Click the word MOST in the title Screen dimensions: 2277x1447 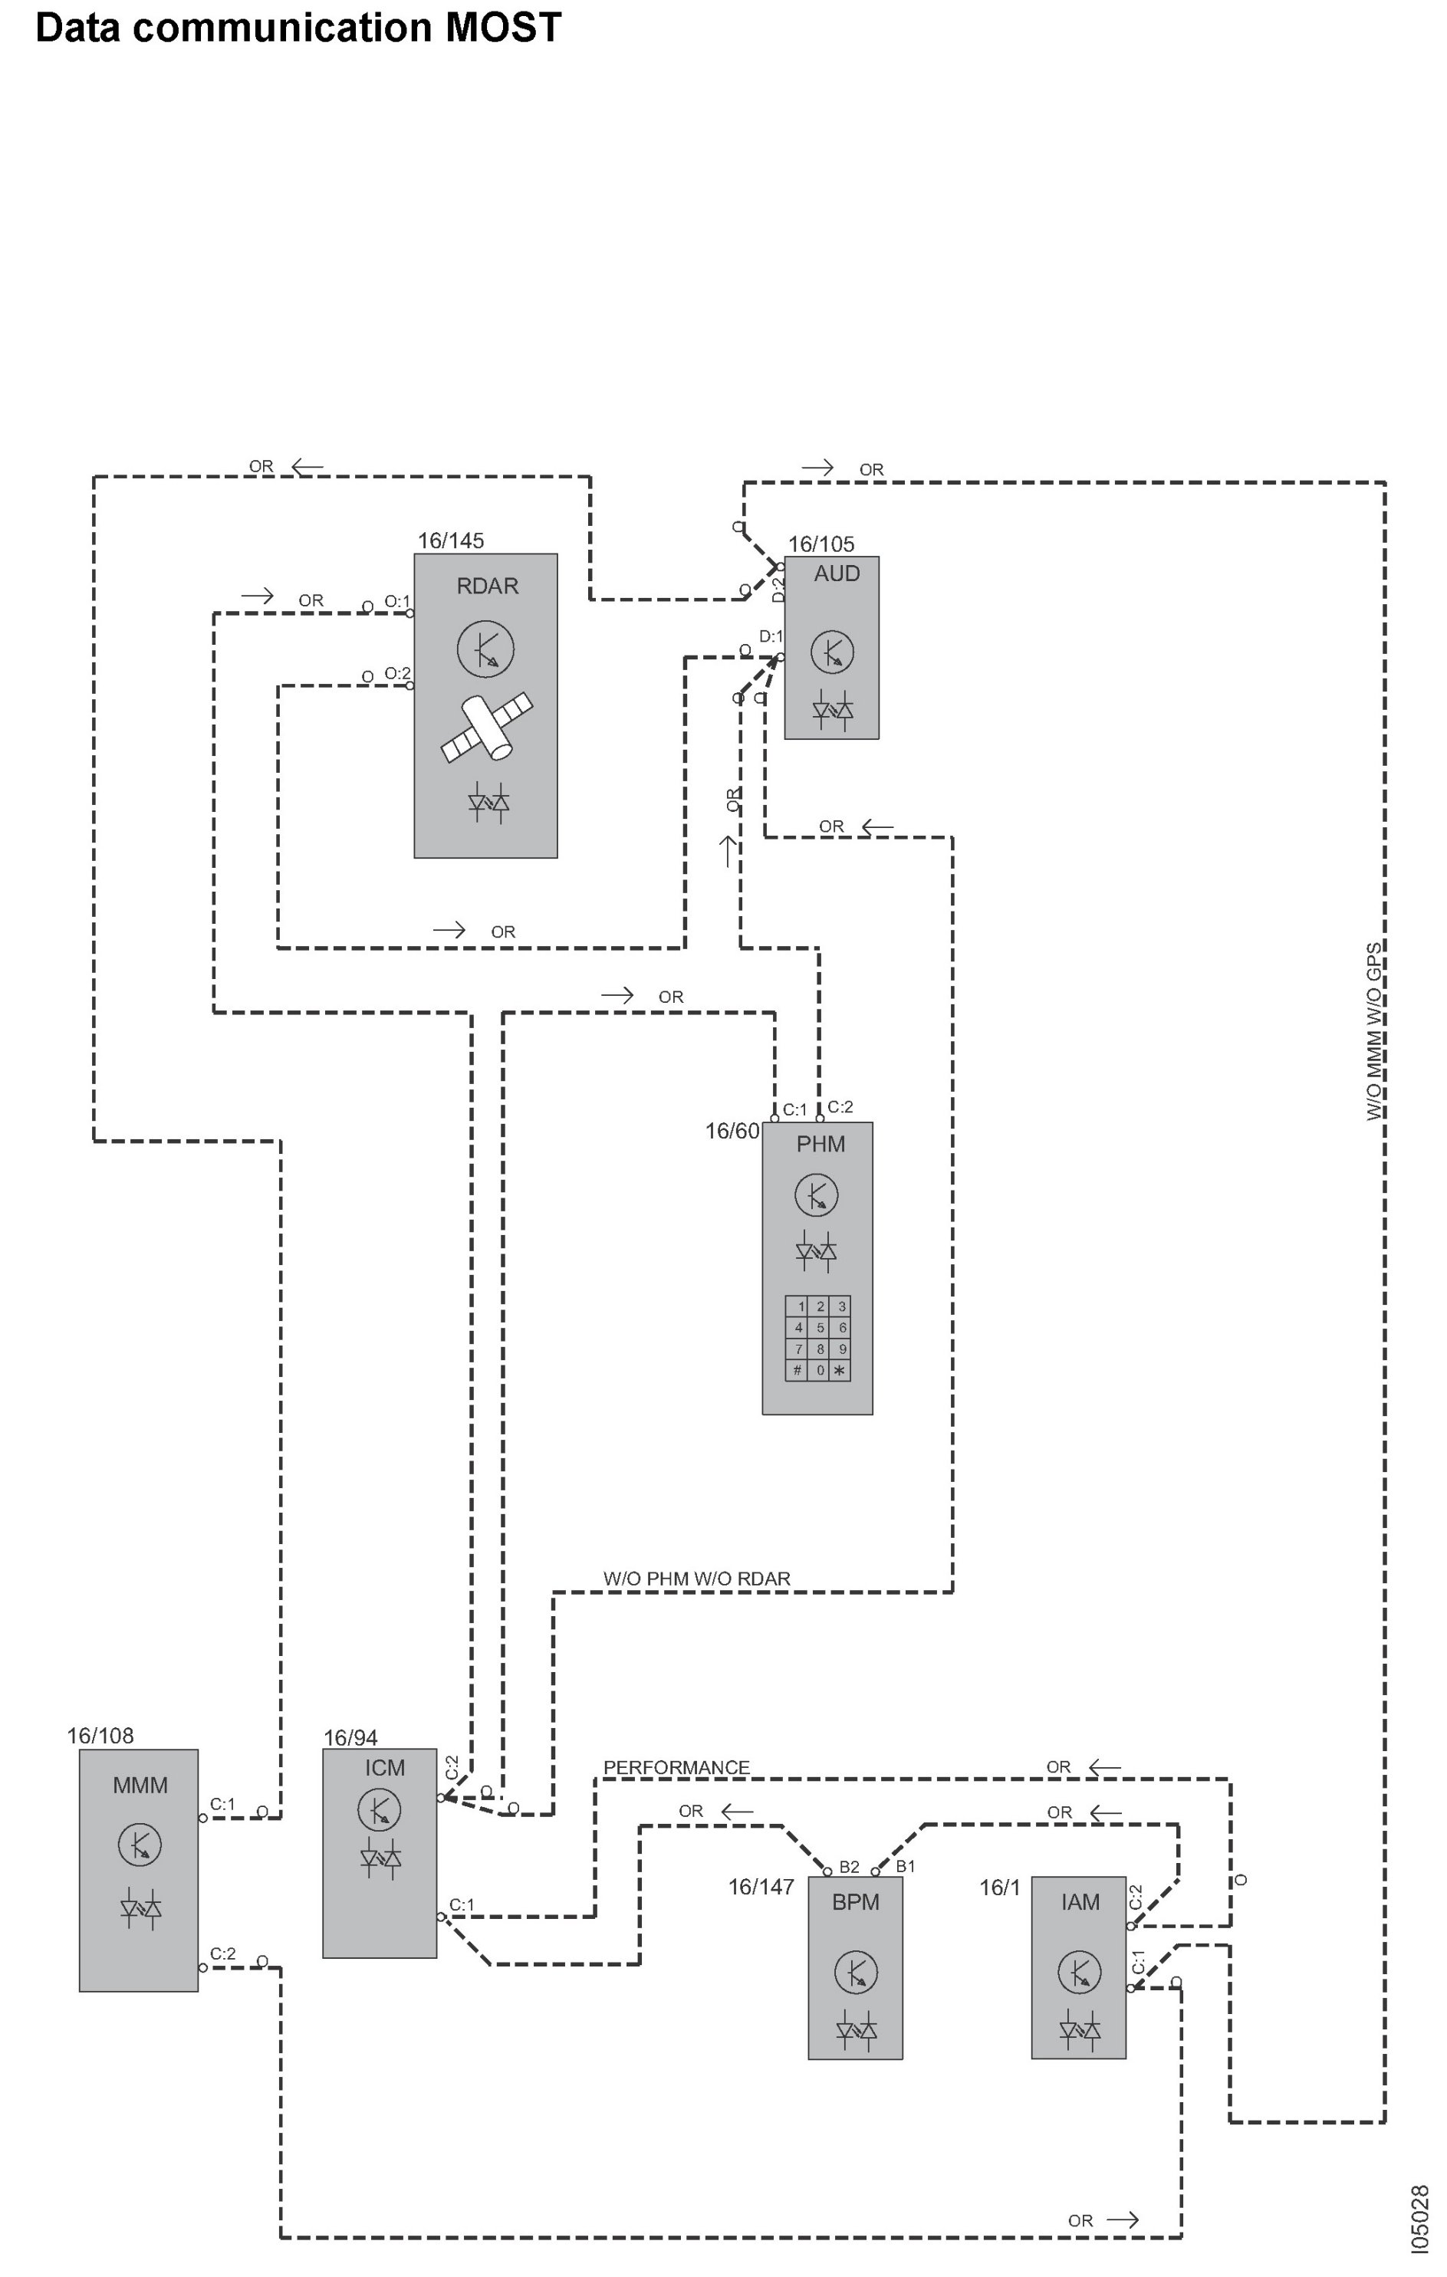coord(503,28)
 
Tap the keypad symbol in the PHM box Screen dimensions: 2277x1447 coord(818,1338)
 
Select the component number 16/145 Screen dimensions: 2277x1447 coord(450,540)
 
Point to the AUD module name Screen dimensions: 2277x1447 coord(837,574)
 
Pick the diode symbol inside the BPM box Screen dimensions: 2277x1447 coord(856,2030)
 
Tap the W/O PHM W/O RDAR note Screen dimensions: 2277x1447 coord(696,1579)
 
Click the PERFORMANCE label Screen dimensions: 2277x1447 coord(676,1767)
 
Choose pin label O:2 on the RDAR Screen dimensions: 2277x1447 coord(397,673)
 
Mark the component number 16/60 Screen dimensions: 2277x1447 coord(732,1131)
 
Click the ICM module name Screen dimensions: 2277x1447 coord(385,1767)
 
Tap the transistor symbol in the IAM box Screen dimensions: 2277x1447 coord(1079,1972)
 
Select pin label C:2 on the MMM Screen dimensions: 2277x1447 coord(223,1953)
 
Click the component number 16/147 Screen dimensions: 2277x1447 coord(761,1888)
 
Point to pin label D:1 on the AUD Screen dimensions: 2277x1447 coord(771,636)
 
